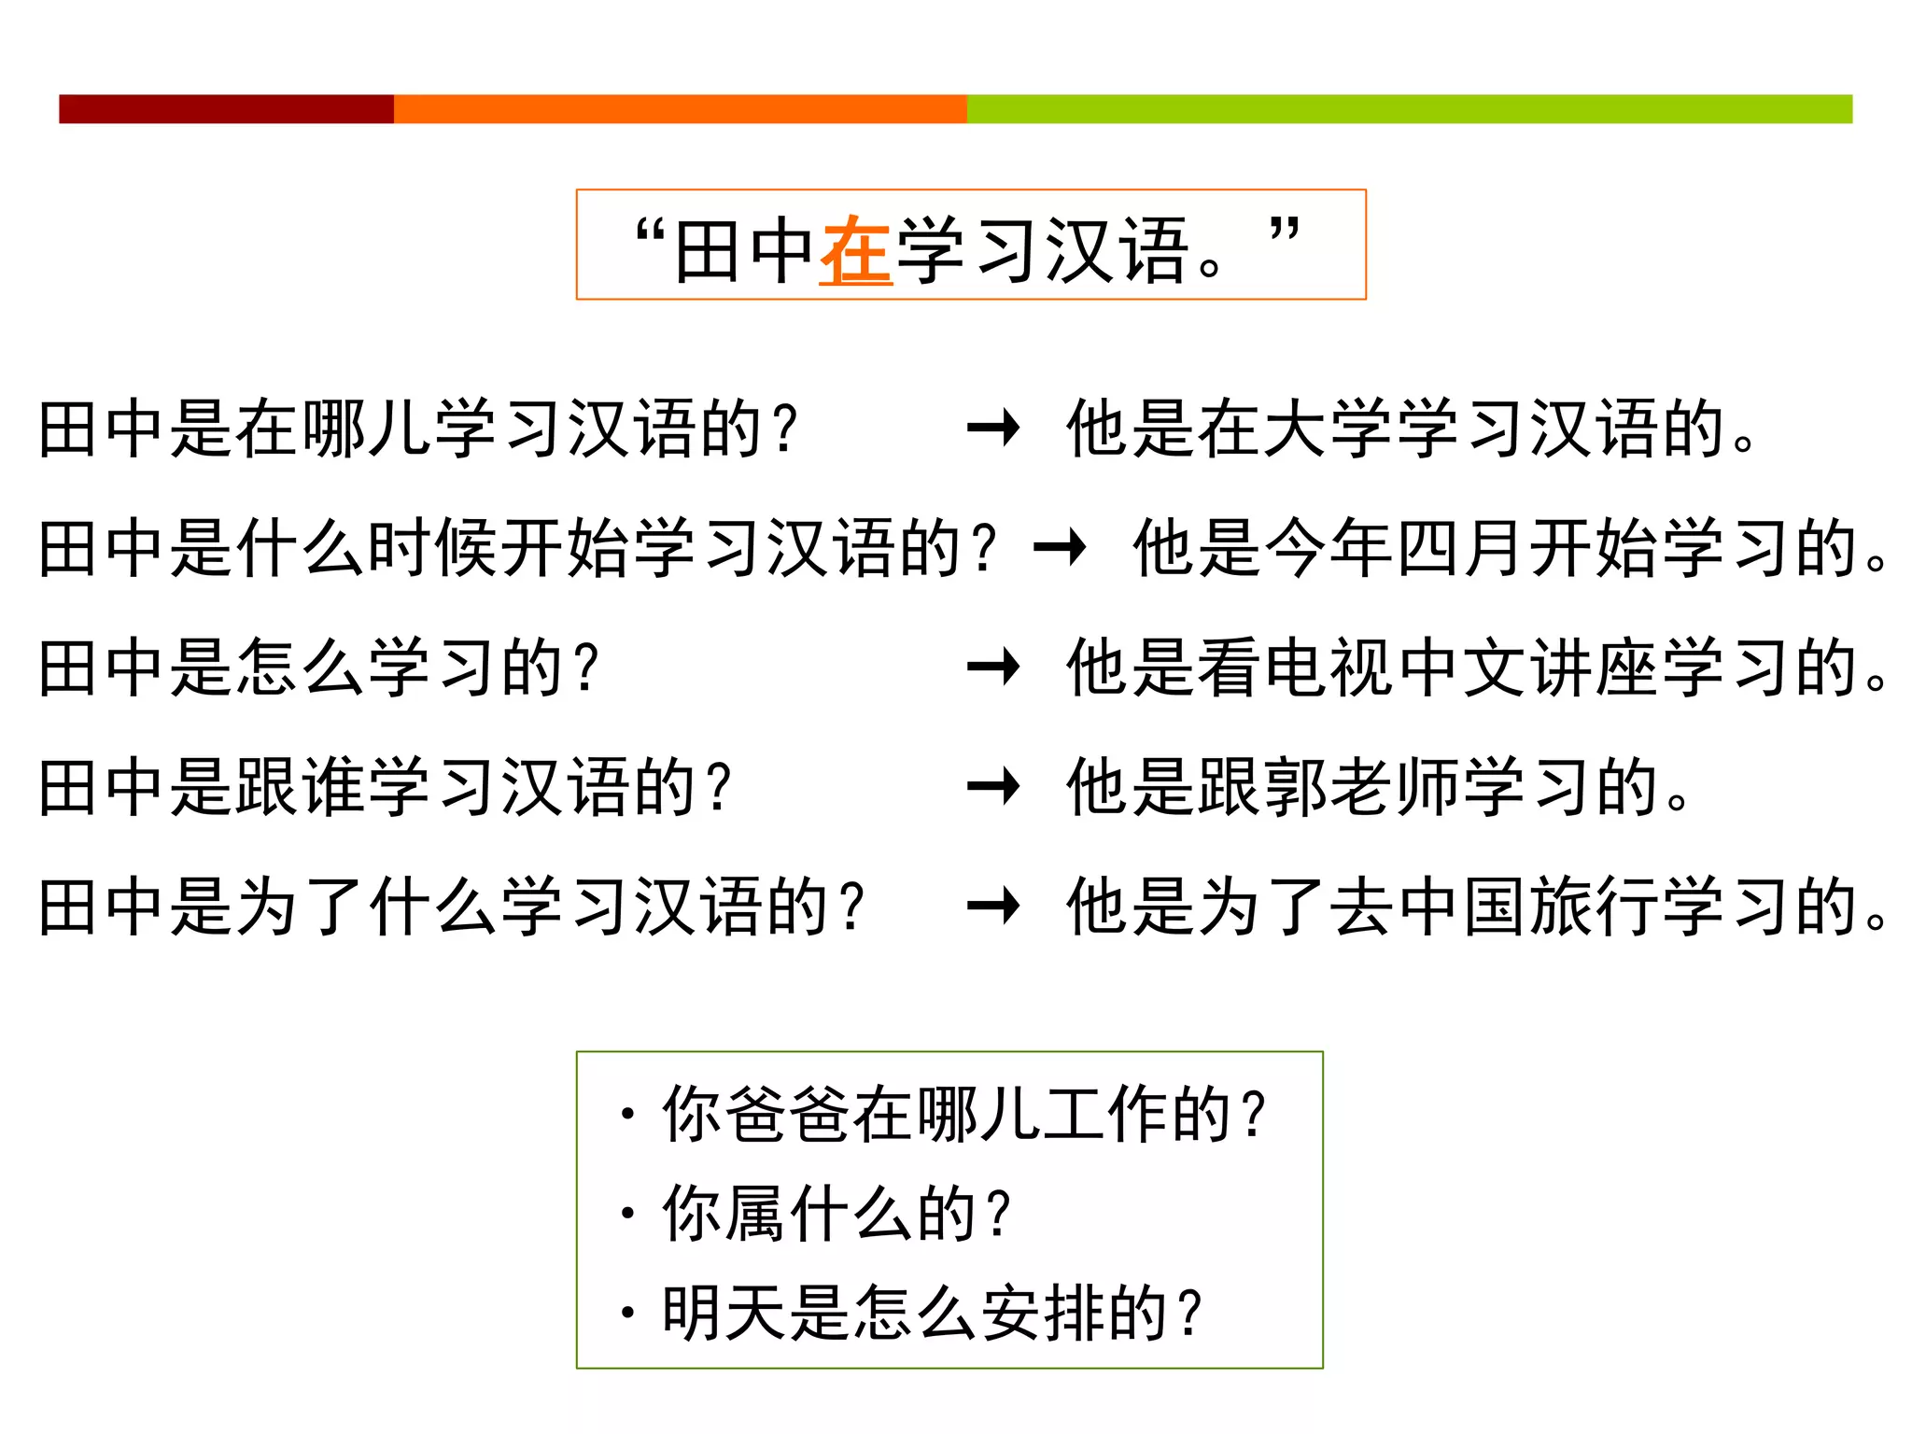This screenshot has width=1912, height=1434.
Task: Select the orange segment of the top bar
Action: click(680, 108)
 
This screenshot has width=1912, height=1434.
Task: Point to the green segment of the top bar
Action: click(1409, 108)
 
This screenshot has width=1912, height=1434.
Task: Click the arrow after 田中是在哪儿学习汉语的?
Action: click(993, 429)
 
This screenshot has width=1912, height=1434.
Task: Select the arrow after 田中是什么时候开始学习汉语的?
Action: click(1060, 548)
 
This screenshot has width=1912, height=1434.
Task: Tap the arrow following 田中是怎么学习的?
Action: click(993, 667)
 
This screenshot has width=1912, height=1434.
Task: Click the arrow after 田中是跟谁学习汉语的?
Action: click(993, 786)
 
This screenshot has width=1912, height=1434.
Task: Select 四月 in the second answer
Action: click(1460, 548)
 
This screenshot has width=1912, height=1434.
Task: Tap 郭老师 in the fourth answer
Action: click(1359, 786)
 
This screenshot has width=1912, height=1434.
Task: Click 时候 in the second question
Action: click(435, 548)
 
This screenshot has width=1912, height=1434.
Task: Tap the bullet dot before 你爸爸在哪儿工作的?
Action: click(627, 1114)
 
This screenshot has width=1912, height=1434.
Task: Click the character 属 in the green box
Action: click(755, 1214)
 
